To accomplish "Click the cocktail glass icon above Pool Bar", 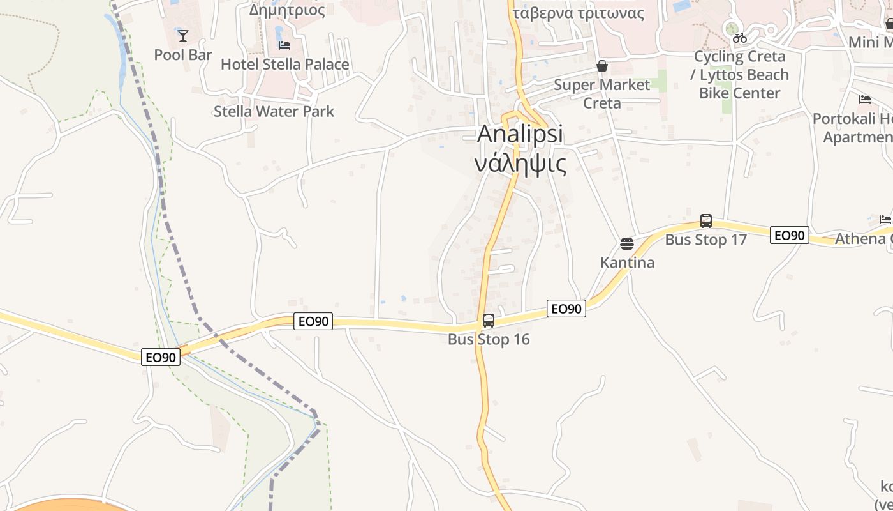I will click(x=183, y=36).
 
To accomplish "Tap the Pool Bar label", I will click(x=183, y=55).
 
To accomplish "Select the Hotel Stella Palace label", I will click(x=284, y=65).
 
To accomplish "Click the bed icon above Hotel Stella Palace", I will click(x=284, y=45).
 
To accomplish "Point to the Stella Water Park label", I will click(x=274, y=111).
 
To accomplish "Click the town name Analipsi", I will click(x=520, y=134).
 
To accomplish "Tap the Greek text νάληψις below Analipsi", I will click(x=520, y=164).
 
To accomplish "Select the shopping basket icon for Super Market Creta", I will click(x=601, y=66).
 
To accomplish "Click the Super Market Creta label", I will click(x=601, y=94).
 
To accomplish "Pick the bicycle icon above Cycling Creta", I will click(x=740, y=38).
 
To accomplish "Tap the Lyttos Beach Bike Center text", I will click(x=740, y=84).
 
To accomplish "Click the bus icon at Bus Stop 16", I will click(x=489, y=321).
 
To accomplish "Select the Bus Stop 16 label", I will click(x=489, y=339).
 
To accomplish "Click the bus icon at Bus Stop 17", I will click(x=706, y=221).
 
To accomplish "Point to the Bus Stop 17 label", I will click(x=706, y=240).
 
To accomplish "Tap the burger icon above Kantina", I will click(x=627, y=244).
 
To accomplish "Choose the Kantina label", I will click(x=627, y=263).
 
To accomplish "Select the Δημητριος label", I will click(x=287, y=10).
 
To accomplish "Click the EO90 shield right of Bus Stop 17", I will click(x=789, y=235).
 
